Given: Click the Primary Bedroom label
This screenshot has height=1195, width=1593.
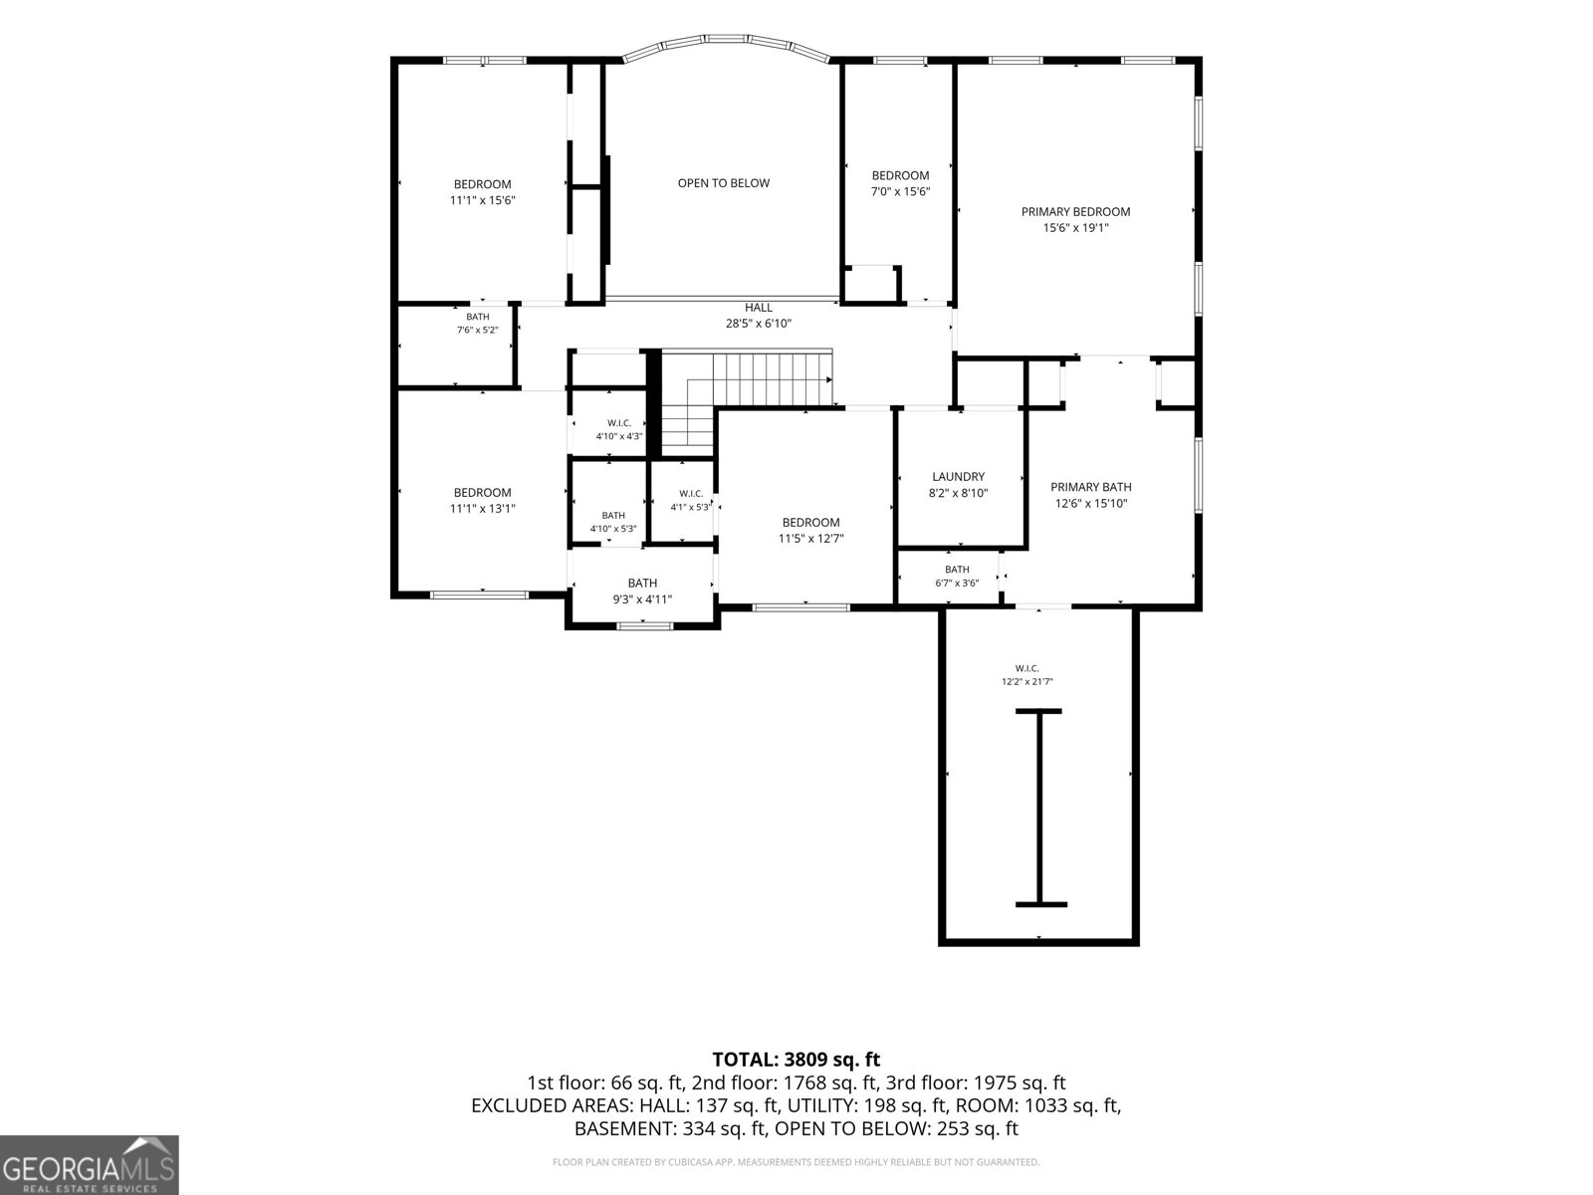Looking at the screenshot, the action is coord(1075,212).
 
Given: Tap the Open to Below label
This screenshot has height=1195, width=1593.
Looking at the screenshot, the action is coord(724,183).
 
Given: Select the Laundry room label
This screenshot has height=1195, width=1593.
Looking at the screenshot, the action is coord(958,477).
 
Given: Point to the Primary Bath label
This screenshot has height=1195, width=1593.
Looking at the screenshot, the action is coord(1091,487).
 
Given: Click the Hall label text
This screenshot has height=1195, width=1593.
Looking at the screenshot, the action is coord(759,308).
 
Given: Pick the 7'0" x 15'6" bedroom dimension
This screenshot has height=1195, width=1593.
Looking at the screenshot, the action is coord(901,191).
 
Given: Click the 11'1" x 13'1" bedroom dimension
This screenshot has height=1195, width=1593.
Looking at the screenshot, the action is coord(483,509).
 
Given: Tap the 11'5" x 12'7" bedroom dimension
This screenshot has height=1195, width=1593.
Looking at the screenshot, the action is coord(810,539).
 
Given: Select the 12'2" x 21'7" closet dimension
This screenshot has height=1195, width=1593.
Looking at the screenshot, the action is coord(1026,681).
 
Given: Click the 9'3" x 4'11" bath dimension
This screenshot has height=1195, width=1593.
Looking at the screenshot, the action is coord(642,599).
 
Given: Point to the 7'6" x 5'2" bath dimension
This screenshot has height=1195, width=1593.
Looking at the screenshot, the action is coord(478,331).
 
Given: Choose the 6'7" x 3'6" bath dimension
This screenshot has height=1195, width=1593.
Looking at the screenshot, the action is coord(957,583).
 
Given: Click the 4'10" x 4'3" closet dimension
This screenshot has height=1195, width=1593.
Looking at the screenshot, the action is coord(619,436).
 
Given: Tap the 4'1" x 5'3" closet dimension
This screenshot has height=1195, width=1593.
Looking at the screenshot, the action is coord(691,507).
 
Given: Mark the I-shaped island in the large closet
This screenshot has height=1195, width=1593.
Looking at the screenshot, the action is coord(1040,808).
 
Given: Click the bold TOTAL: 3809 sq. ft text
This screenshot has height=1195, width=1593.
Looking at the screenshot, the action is coord(796,1060).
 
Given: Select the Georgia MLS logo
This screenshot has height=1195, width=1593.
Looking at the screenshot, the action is coord(89,1165).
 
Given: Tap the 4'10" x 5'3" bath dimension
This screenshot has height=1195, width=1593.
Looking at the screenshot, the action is coord(613,529).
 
